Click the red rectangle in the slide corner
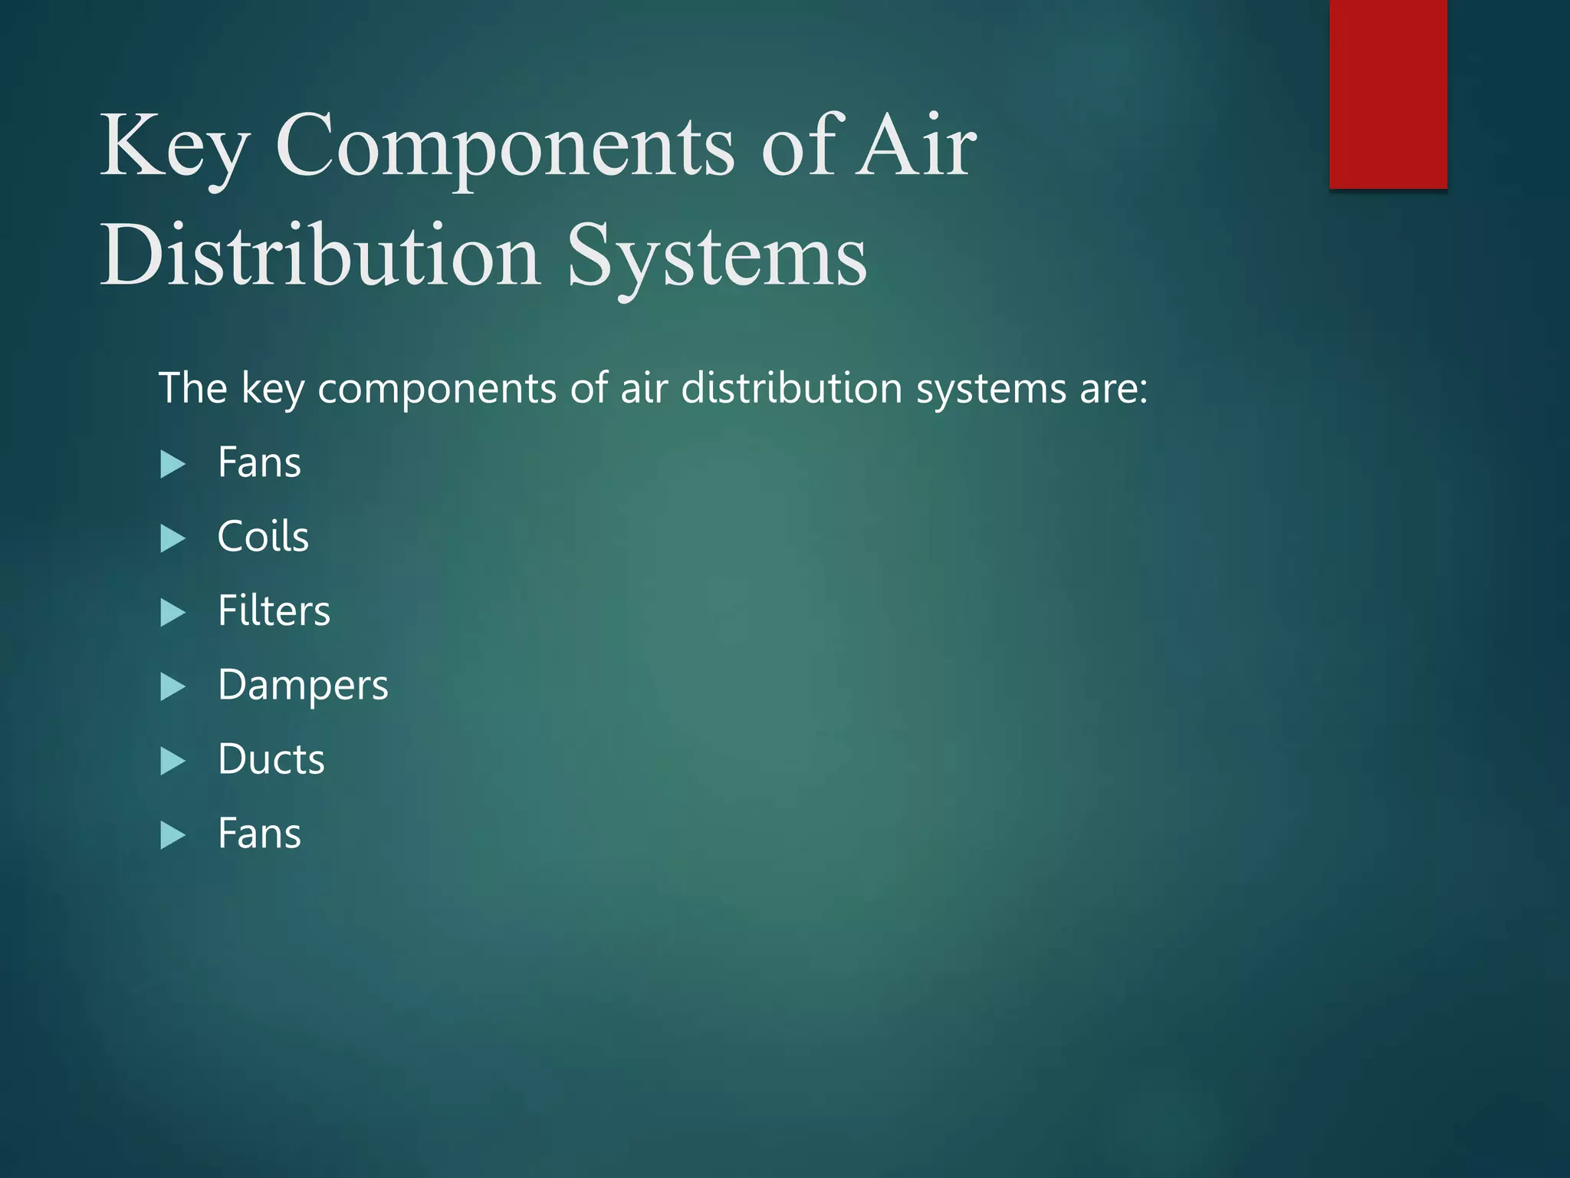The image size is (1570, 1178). [1388, 94]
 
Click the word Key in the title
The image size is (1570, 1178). [175, 146]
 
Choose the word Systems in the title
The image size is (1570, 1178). [717, 256]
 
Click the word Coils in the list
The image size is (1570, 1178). [263, 536]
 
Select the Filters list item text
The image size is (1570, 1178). [274, 610]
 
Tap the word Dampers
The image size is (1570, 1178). [303, 685]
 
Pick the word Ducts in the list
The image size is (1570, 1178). [271, 759]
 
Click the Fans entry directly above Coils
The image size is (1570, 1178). [259, 462]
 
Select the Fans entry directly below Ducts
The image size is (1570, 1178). [259, 834]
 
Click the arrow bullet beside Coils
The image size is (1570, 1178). [173, 538]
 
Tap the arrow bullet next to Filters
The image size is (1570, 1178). [173, 613]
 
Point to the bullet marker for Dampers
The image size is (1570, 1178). [173, 686]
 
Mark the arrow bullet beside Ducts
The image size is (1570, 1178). [173, 761]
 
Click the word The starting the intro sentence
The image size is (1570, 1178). [192, 388]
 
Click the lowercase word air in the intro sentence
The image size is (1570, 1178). [643, 388]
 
